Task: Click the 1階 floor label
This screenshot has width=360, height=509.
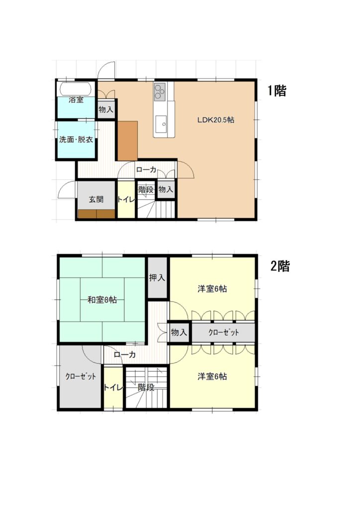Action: [277, 90]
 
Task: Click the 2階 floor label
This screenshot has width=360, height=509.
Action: [280, 266]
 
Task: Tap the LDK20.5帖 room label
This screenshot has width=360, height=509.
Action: [216, 120]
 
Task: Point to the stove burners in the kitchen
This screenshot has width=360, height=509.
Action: [160, 91]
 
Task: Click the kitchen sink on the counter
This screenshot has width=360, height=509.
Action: [161, 124]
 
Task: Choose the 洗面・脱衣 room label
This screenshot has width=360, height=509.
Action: [76, 140]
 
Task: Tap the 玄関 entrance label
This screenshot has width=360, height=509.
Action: [96, 199]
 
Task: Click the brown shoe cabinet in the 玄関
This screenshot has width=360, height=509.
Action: [97, 214]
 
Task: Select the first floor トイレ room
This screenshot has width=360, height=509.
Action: [126, 199]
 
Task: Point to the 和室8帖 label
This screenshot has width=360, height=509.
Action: [102, 300]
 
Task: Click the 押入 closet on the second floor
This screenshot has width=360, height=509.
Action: [157, 277]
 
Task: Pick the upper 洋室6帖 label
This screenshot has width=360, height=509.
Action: [212, 289]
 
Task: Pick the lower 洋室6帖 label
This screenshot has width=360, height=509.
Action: [212, 377]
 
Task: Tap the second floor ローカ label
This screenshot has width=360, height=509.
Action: [125, 354]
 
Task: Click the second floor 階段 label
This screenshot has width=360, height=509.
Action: [146, 387]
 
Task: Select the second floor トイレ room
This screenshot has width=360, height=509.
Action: [113, 388]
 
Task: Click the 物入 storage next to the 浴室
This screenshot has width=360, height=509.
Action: [106, 109]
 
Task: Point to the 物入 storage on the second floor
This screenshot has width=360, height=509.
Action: [179, 332]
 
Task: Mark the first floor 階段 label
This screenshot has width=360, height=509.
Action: [146, 189]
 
